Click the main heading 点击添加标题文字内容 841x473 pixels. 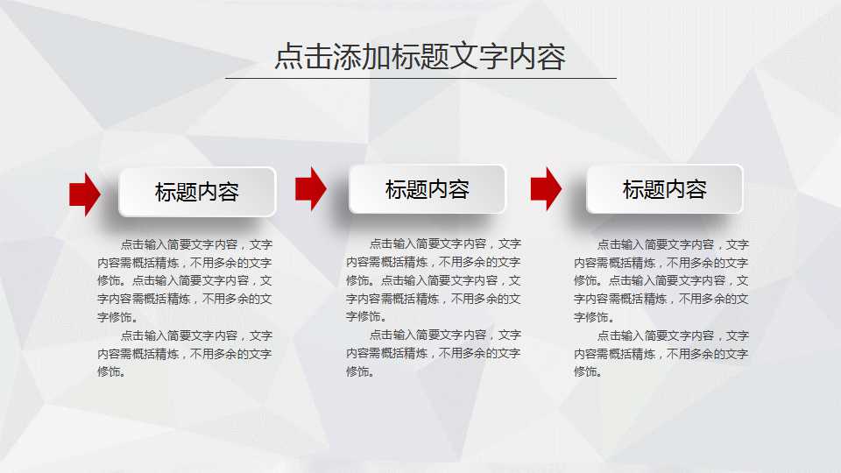(x=420, y=57)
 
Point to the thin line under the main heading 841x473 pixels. (x=420, y=79)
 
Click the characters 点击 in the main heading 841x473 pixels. (x=303, y=57)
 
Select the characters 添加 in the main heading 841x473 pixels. (x=362, y=57)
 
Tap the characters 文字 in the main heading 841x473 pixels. (x=478, y=57)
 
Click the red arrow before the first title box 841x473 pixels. (x=85, y=194)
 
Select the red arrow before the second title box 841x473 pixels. (x=310, y=188)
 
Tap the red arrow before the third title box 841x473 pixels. (x=546, y=188)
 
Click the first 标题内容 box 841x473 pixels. (x=197, y=192)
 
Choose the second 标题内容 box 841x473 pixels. (x=428, y=189)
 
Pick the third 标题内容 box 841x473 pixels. (x=665, y=189)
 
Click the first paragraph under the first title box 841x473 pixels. (x=185, y=280)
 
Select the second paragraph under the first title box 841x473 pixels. (x=185, y=353)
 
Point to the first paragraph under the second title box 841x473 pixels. (x=434, y=280)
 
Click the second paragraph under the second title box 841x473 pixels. (x=434, y=353)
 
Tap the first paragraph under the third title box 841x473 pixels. (x=661, y=280)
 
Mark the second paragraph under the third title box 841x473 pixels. (x=661, y=353)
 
